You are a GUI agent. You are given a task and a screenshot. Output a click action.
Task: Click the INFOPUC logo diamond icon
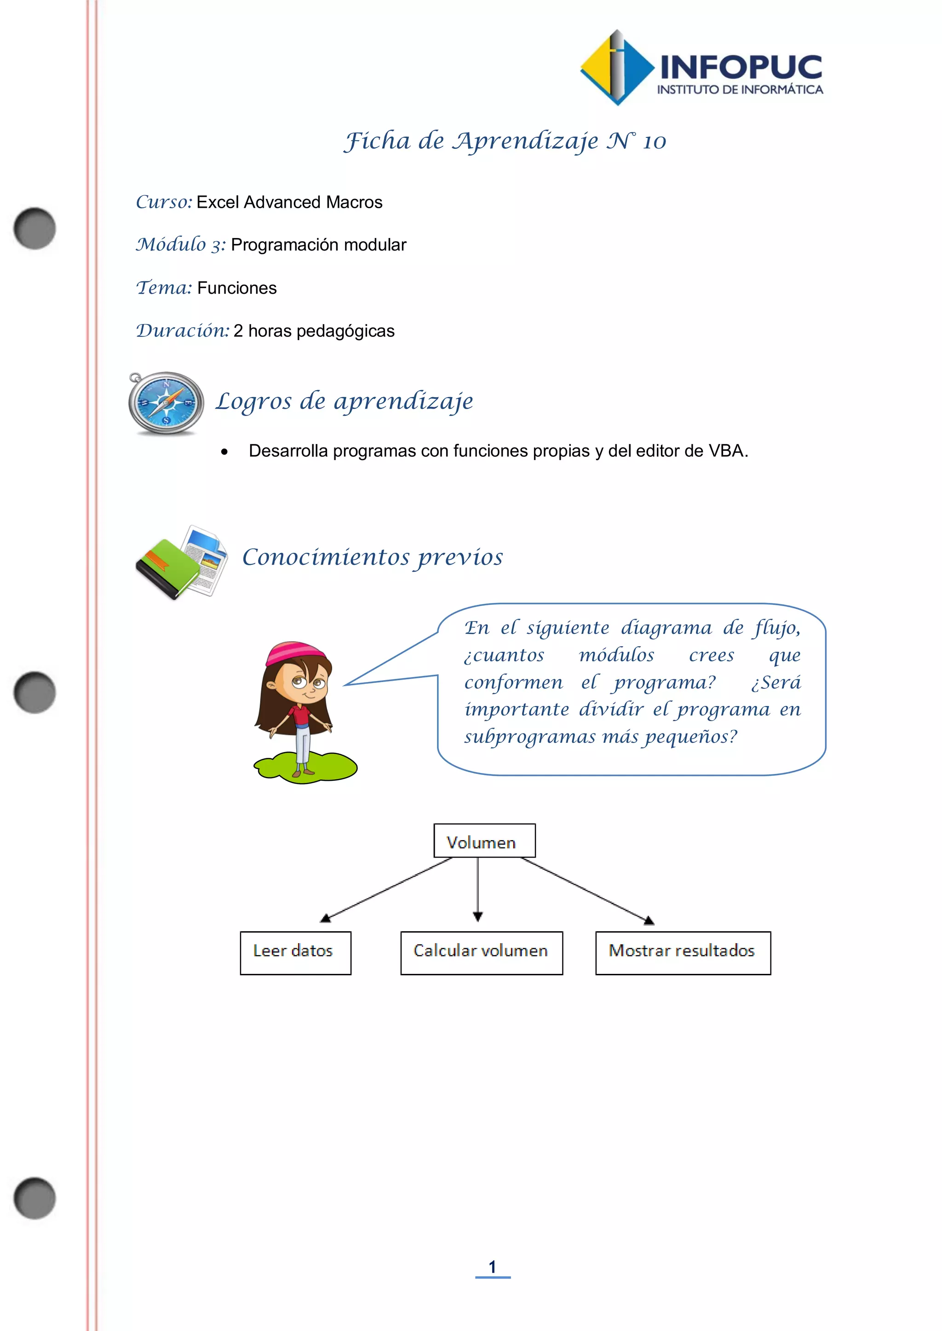(x=617, y=68)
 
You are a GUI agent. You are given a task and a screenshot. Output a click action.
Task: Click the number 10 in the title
(x=655, y=142)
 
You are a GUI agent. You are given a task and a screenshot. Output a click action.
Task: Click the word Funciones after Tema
(x=237, y=288)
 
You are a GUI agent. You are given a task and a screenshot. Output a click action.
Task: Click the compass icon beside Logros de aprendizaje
(x=167, y=404)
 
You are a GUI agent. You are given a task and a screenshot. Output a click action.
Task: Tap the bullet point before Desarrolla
(x=224, y=452)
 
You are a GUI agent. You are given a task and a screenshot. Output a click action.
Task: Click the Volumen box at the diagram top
(x=484, y=841)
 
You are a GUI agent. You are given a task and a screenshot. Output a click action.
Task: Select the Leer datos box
(x=295, y=952)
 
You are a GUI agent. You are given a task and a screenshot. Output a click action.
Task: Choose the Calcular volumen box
(x=482, y=952)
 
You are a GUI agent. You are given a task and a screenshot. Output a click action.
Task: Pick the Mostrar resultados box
(x=683, y=952)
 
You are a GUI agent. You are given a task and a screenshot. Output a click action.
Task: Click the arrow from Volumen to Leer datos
(x=386, y=890)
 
